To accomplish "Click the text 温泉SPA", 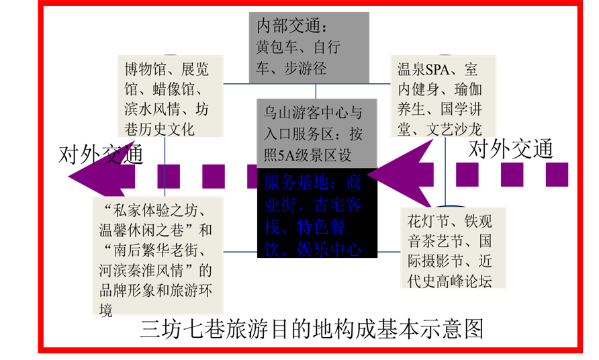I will pyautogui.click(x=422, y=69).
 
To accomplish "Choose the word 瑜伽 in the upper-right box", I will pyautogui.click(x=468, y=89).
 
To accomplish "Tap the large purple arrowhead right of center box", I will pyautogui.click(x=396, y=176).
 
